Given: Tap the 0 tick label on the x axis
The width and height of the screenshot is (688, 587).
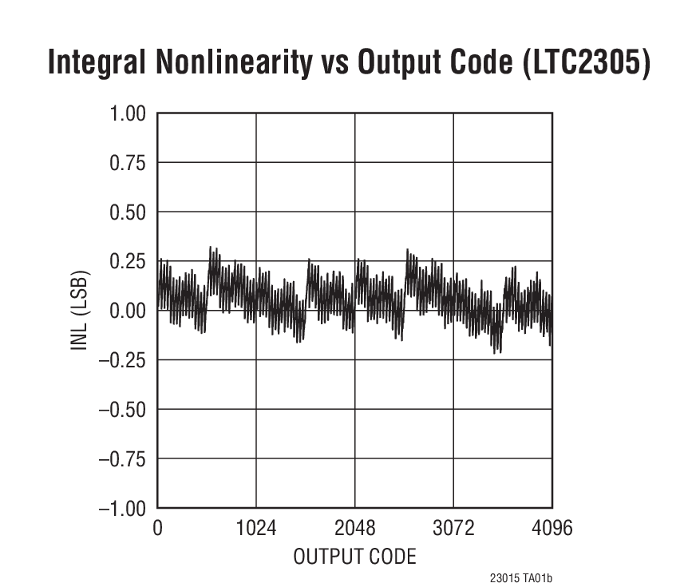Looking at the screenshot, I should coord(157,529).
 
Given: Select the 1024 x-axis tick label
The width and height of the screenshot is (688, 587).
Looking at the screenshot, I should coord(256,529).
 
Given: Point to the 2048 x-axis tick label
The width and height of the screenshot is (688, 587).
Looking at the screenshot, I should coord(355,529).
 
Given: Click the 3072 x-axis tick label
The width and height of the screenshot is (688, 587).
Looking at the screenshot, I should coord(453,529).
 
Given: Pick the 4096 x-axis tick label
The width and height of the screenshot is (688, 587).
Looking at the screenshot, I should coord(552,529).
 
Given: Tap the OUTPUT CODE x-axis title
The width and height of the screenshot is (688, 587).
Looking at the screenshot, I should coord(354,557).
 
